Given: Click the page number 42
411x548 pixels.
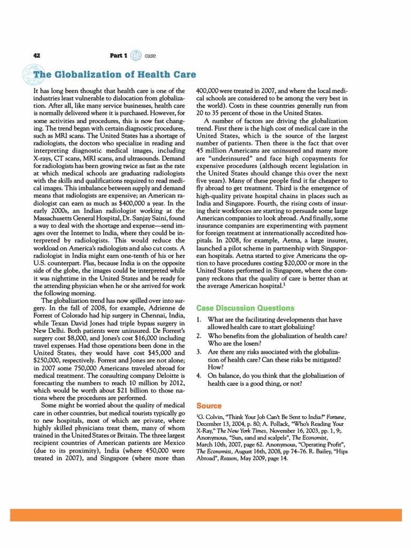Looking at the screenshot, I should (x=37, y=56).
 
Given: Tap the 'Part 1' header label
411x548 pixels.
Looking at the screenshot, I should (x=118, y=56).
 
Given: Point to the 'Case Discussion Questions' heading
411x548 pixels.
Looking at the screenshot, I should (x=245, y=308).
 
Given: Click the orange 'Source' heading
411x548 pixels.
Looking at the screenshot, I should (x=209, y=406).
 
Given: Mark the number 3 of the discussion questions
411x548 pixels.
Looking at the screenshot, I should (x=199, y=352).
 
